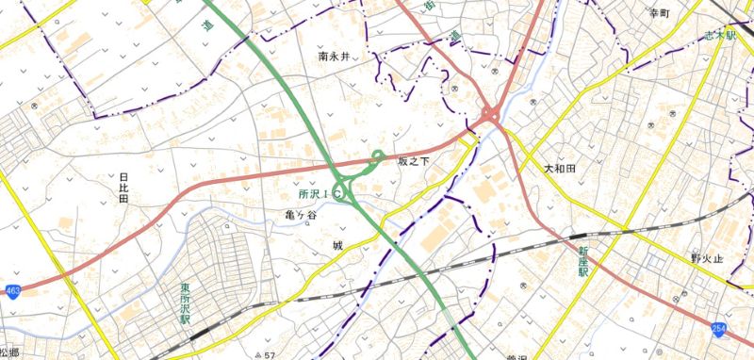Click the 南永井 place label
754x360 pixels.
pos(334,57)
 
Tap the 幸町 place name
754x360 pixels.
pos(659,13)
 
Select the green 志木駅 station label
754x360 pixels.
pos(719,35)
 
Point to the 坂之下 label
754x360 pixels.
pos(413,162)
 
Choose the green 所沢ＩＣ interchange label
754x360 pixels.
pos(319,193)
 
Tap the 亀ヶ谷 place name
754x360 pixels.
pos(274,216)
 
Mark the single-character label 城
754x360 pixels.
pos(336,246)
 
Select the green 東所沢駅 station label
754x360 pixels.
pos(186,303)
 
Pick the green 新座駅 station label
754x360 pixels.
pos(583,259)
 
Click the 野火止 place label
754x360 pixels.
pos(706,257)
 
